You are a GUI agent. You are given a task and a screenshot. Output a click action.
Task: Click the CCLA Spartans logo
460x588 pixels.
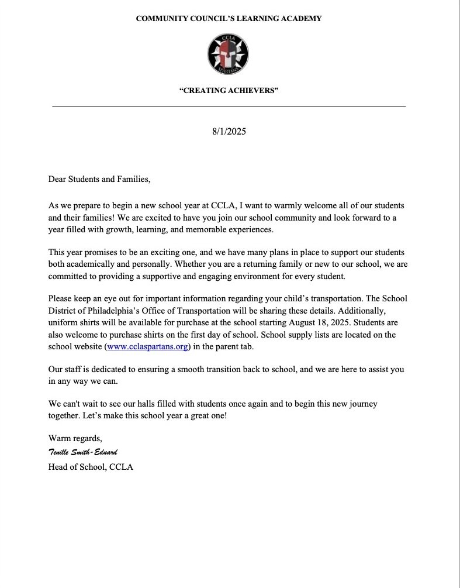pos(229,53)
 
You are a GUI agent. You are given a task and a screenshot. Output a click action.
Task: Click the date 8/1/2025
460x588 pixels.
pos(229,131)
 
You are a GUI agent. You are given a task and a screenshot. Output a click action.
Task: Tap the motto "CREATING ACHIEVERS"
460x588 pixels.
pos(229,90)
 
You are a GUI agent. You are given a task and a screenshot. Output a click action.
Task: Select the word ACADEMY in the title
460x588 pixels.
pos(300,19)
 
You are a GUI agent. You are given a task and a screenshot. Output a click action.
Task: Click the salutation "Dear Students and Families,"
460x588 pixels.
pos(99,179)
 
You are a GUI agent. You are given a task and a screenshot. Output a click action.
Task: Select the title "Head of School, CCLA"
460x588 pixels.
pos(91,467)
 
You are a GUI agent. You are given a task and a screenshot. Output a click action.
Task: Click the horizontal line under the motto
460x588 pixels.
pos(229,106)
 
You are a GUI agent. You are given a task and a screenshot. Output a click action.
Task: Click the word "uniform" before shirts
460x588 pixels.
pos(64,322)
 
